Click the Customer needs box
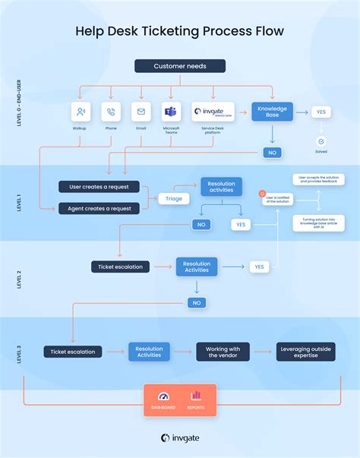click(x=179, y=66)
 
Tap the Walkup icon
click(x=81, y=112)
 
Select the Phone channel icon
click(x=111, y=112)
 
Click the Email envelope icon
click(x=141, y=112)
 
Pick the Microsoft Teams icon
click(x=171, y=112)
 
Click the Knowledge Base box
click(x=272, y=112)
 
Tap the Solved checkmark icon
click(x=321, y=141)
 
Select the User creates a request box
click(x=99, y=187)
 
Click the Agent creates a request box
click(x=99, y=208)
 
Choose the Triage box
click(x=174, y=198)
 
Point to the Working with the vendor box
click(x=223, y=352)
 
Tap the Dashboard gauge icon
click(x=164, y=396)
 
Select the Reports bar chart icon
click(x=196, y=396)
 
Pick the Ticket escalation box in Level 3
click(x=73, y=352)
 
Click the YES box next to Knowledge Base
click(x=321, y=112)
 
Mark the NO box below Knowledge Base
click(x=271, y=153)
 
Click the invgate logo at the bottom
click(x=180, y=437)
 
